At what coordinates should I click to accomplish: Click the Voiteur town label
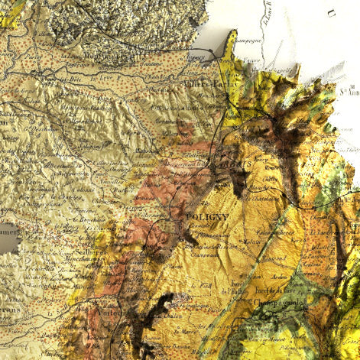pyautogui.click(x=113, y=311)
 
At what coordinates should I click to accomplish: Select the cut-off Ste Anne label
pyautogui.click(x=349, y=92)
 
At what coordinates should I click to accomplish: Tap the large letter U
pyautogui.click(x=331, y=11)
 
